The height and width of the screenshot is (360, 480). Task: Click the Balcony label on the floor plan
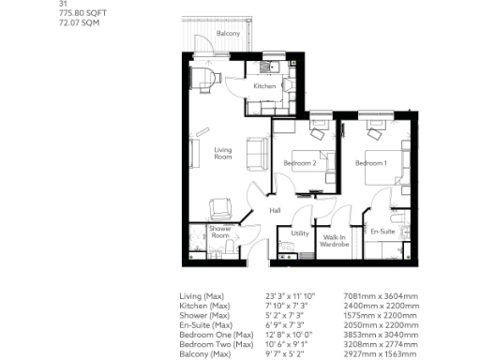click(x=228, y=34)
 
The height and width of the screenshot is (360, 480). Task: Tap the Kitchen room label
click(x=263, y=87)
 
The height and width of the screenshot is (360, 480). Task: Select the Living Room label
click(x=222, y=153)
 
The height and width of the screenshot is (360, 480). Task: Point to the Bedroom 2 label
click(x=299, y=164)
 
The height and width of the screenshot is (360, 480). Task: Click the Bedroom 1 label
click(x=370, y=164)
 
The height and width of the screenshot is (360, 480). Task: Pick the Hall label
click(x=275, y=210)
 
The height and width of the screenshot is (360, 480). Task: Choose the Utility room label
click(x=300, y=233)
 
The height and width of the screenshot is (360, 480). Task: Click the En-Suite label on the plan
click(x=382, y=231)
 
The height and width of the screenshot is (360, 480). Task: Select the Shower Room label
click(x=220, y=232)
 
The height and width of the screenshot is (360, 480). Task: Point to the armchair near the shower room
click(x=220, y=207)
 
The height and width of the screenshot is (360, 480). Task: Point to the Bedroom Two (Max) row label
click(x=216, y=342)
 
